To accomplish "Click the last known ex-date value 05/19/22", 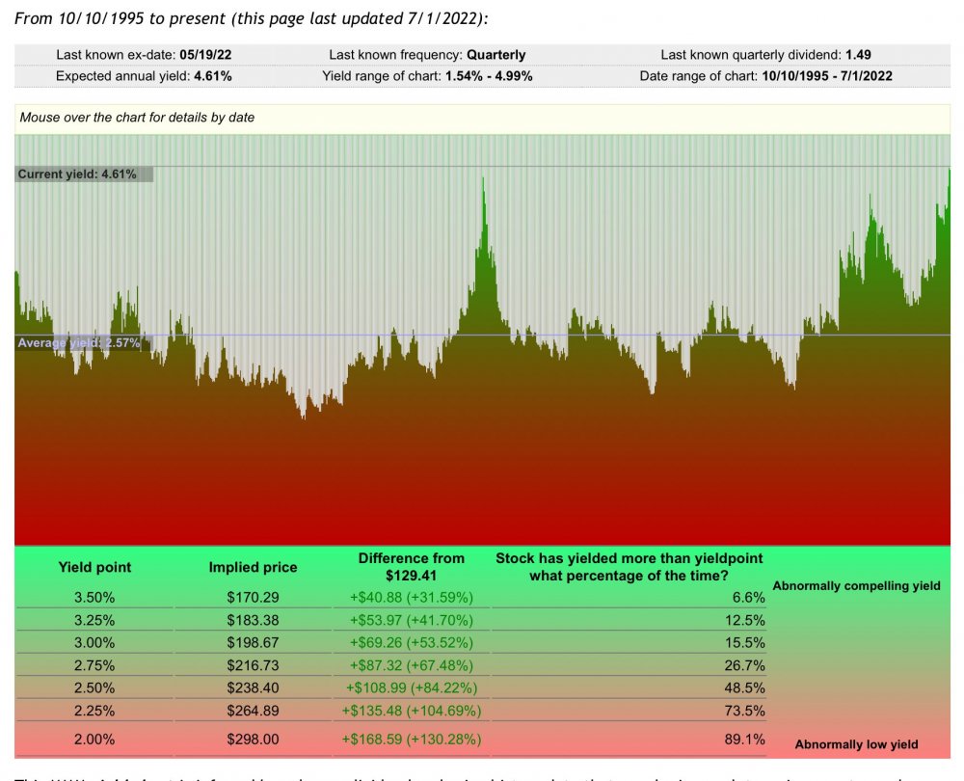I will (x=205, y=55).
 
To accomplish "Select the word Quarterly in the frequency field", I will (x=496, y=55).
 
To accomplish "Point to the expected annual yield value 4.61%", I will (x=212, y=75).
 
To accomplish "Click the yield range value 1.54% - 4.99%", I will (x=489, y=75).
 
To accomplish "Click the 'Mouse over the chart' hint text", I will (x=137, y=118).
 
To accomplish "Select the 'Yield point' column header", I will (x=94, y=567).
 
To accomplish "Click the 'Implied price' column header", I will (x=253, y=567).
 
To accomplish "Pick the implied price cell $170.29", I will (x=253, y=598).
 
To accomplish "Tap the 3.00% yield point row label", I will (x=94, y=643).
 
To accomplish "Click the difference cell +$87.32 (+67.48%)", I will (x=412, y=665).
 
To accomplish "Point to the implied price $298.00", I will (x=253, y=740).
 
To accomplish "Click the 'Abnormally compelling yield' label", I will (x=856, y=585).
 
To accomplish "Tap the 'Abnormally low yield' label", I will (x=856, y=744).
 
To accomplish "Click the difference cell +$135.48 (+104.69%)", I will (x=412, y=711).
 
